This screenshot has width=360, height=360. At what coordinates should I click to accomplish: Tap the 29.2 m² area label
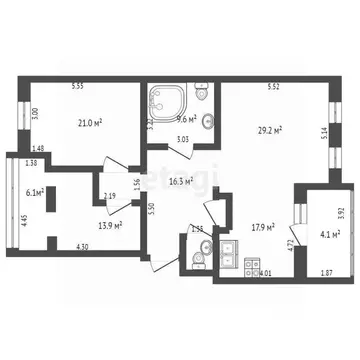(271, 129)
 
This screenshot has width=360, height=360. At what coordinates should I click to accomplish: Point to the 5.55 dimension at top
(78, 86)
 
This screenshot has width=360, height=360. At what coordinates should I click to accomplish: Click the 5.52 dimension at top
(273, 86)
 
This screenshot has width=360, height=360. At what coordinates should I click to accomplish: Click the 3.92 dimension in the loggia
(341, 212)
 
